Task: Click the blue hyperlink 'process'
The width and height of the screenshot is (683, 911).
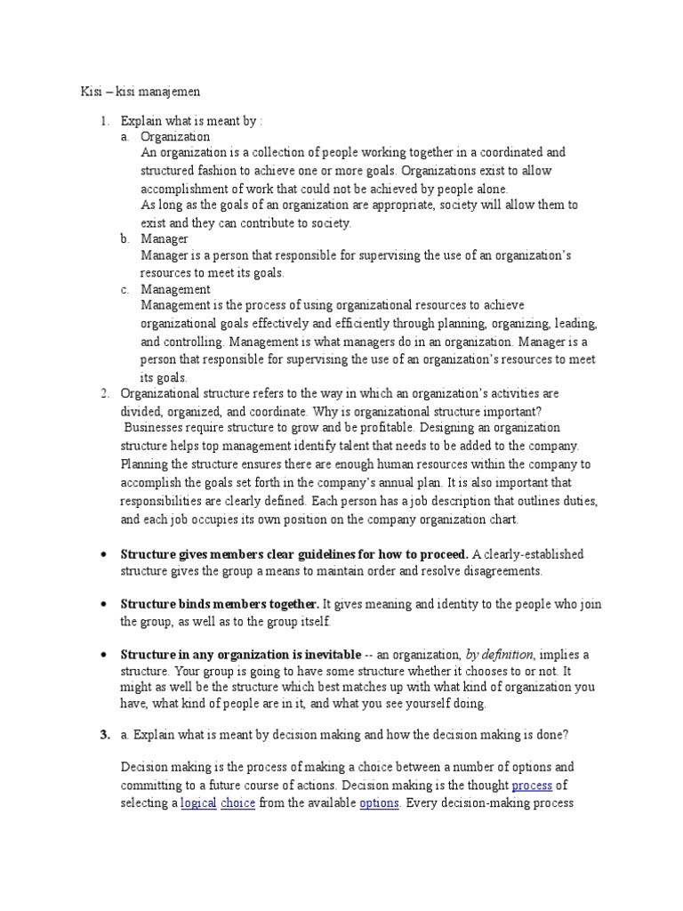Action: [532, 786]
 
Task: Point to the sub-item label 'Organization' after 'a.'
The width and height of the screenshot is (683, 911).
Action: [175, 137]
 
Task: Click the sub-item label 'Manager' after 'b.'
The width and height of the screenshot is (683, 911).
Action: [165, 239]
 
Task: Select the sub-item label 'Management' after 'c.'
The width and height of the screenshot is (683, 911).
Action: [175, 289]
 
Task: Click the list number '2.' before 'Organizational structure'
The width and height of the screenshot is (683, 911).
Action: [104, 392]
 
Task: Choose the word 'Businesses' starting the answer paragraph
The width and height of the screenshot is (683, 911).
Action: [152, 427]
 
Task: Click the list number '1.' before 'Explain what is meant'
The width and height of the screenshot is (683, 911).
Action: [104, 120]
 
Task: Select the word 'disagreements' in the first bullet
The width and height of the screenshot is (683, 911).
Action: [501, 570]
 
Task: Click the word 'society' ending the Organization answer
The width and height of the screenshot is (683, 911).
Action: [329, 222]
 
